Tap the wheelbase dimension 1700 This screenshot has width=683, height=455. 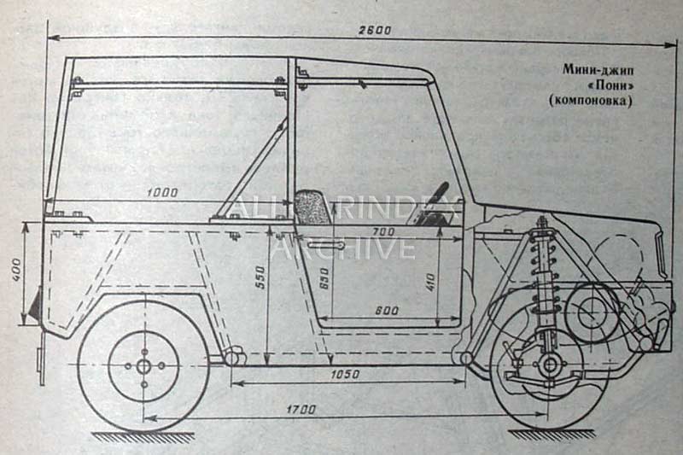(300, 410)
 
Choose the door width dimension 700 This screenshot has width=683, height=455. (384, 232)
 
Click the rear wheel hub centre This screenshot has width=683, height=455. (143, 365)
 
